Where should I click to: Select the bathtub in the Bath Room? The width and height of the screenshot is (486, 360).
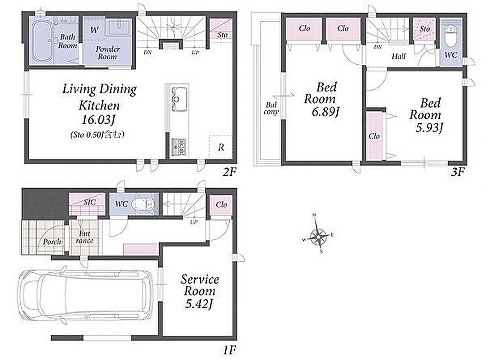point(42,40)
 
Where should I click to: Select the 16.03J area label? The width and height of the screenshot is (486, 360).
point(98,120)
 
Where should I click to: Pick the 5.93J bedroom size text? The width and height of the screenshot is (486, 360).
point(429,127)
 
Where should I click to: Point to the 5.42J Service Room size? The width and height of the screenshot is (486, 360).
point(198,304)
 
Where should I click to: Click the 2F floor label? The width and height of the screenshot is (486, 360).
point(229,171)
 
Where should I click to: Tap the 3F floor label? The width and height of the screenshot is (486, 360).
point(458,171)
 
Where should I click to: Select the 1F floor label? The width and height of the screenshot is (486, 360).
point(230,351)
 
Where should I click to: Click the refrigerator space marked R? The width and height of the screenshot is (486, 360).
point(221,147)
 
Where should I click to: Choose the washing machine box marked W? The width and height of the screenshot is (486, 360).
point(94,30)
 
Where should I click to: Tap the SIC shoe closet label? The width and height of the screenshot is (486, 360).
point(89,202)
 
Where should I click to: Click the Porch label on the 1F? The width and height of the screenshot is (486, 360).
point(52,242)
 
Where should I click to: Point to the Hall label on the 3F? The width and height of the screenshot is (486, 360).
point(399,56)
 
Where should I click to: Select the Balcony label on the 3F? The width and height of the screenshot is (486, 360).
point(271,108)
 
